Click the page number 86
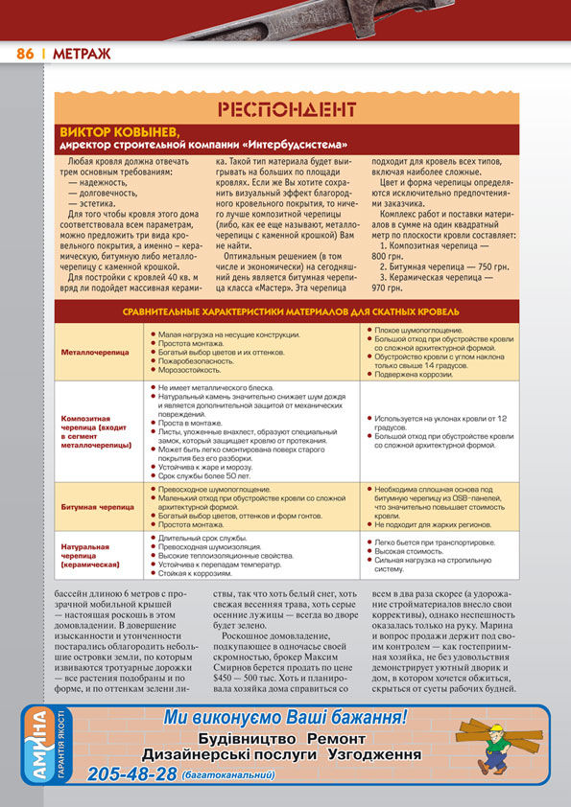(x=26, y=54)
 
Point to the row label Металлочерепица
(x=95, y=352)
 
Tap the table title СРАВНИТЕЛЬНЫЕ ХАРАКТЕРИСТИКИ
(x=290, y=312)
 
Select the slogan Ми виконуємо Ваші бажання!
(x=285, y=716)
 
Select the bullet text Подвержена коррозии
(x=409, y=373)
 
